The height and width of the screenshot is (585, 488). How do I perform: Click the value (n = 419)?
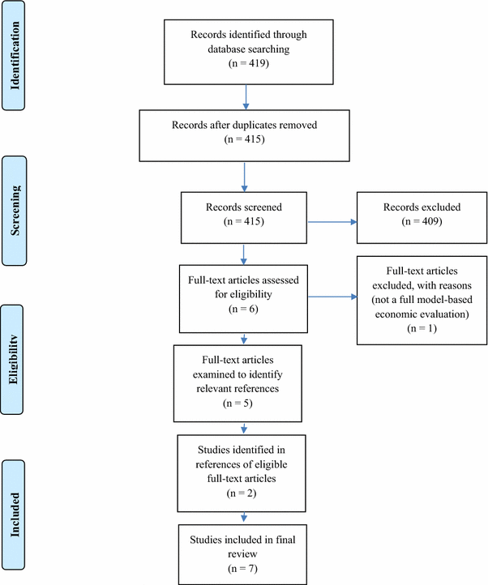[x=245, y=61]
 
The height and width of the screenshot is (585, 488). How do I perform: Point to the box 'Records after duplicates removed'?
[x=245, y=132]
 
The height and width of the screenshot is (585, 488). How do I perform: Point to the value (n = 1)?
[x=415, y=332]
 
